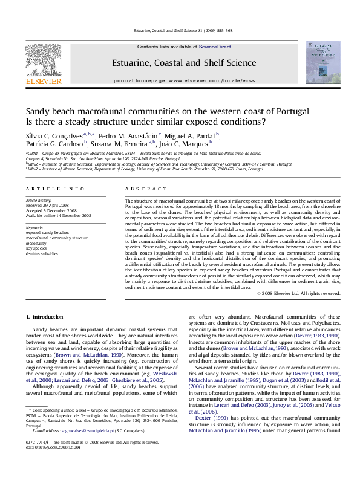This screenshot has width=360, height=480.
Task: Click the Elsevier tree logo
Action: (x=43, y=59)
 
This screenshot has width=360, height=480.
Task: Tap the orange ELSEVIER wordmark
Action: (x=43, y=81)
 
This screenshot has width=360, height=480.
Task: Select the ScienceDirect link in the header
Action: (x=215, y=47)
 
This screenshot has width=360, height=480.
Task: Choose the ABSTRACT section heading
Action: (x=140, y=189)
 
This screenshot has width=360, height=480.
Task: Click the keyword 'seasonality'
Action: (x=38, y=243)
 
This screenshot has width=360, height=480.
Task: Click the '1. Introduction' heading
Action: (x=44, y=317)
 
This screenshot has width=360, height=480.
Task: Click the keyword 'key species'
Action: (x=36, y=248)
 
